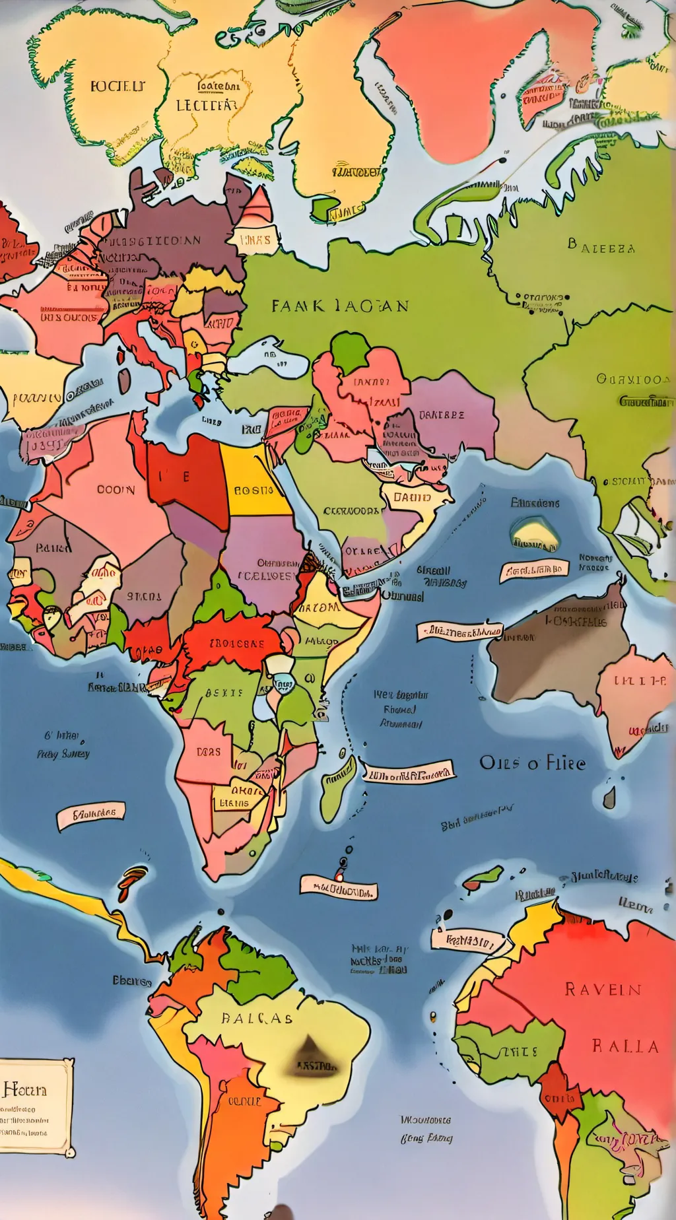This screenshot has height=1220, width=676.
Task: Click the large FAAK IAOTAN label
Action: pyautogui.click(x=340, y=306)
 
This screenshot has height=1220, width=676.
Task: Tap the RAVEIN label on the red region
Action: pyautogui.click(x=603, y=989)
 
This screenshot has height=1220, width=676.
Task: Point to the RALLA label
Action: pyautogui.click(x=625, y=1046)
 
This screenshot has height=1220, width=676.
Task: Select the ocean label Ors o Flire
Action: pyautogui.click(x=532, y=763)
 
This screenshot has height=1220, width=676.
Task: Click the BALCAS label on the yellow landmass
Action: pyautogui.click(x=257, y=1018)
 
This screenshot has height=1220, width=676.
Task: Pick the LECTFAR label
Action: pyautogui.click(x=206, y=105)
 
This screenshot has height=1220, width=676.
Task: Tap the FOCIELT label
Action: pyautogui.click(x=118, y=86)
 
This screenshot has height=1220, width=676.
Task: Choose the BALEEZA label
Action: pyautogui.click(x=601, y=248)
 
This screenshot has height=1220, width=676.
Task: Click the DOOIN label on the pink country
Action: pyautogui.click(x=116, y=490)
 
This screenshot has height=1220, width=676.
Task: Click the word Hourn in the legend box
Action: pyautogui.click(x=25, y=1089)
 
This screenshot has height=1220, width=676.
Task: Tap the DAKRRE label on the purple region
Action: pyautogui.click(x=441, y=415)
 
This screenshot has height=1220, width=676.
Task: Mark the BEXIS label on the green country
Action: pyautogui.click(x=224, y=693)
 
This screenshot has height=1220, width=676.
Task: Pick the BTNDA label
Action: pyautogui.click(x=144, y=596)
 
